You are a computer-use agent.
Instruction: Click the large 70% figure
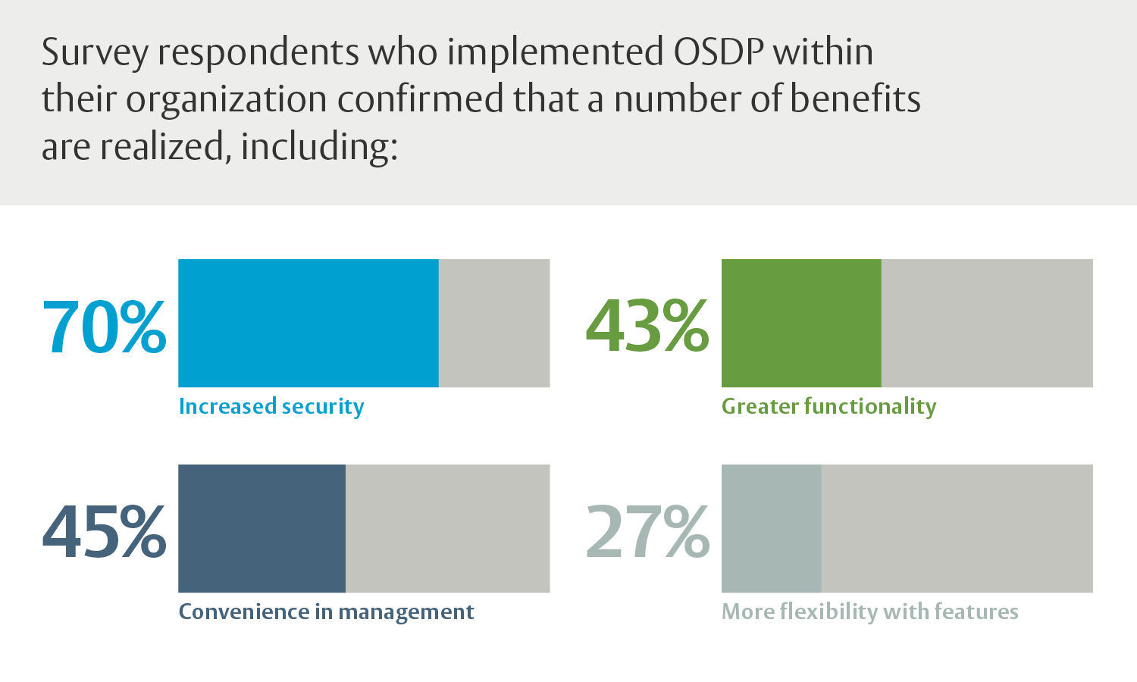[104, 327]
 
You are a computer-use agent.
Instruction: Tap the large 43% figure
[647, 327]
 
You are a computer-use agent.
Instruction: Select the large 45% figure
[104, 533]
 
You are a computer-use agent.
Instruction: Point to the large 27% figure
[647, 533]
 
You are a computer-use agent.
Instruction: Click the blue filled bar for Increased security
[308, 324]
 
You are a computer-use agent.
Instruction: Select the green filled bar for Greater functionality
[801, 324]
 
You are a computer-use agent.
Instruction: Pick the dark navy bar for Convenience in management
[262, 528]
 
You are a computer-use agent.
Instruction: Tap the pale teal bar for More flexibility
[771, 528]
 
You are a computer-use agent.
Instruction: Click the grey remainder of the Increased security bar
[494, 324]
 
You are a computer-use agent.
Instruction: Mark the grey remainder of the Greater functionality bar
[987, 324]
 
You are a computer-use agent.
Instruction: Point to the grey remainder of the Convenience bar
[447, 528]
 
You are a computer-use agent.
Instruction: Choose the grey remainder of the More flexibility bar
[957, 528]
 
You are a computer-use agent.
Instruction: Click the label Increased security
[271, 407]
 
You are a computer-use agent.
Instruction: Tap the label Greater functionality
[828, 407]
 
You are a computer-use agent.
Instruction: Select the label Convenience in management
[326, 612]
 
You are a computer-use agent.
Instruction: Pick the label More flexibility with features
[869, 612]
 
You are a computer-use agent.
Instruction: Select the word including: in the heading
[319, 147]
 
